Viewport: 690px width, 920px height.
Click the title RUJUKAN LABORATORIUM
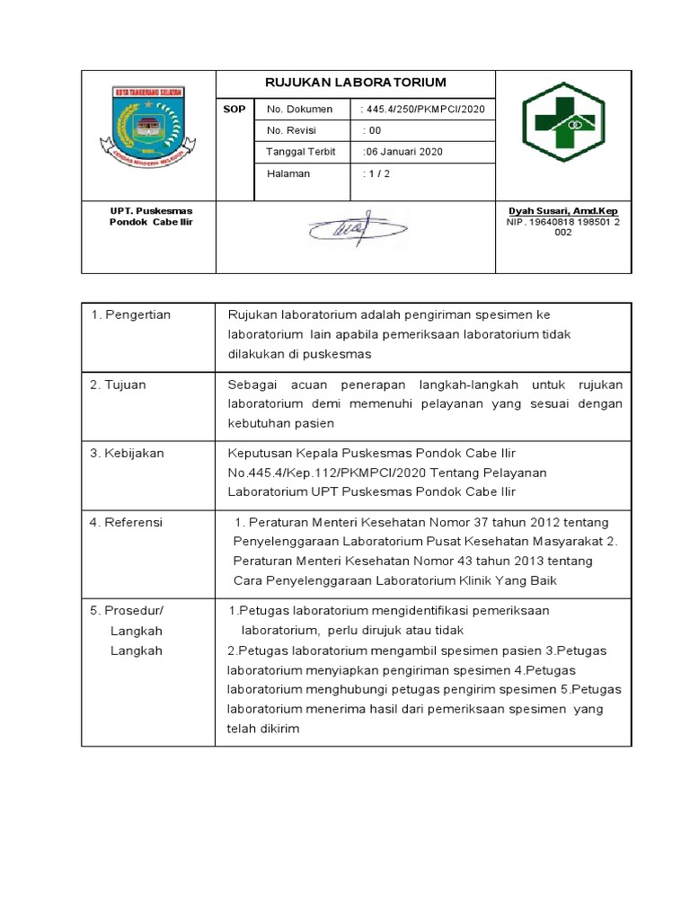click(x=355, y=83)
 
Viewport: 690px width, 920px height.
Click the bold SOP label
click(x=233, y=109)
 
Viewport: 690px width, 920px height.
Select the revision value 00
click(x=371, y=130)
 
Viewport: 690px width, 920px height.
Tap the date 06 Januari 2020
click(x=402, y=152)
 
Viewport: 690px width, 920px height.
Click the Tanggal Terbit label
click(x=301, y=152)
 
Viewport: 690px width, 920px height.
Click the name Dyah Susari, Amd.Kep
click(x=562, y=211)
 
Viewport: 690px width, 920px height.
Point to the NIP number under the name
click(x=562, y=226)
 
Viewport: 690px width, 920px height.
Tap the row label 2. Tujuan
click(x=119, y=384)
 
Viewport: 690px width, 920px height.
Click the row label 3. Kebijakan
click(x=128, y=453)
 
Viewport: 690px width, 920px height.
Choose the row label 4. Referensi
click(x=127, y=522)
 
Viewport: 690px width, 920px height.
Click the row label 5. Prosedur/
click(x=128, y=610)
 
